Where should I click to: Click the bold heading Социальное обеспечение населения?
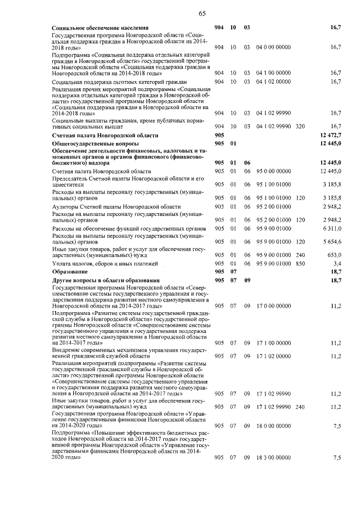(x=100, y=28)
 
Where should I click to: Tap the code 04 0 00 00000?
(x=273, y=47)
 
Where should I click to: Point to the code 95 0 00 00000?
(x=273, y=170)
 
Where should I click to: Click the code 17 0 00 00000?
(x=273, y=305)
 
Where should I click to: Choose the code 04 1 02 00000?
(x=273, y=82)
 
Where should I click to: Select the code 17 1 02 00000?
(x=273, y=356)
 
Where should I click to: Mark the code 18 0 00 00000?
(x=273, y=426)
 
